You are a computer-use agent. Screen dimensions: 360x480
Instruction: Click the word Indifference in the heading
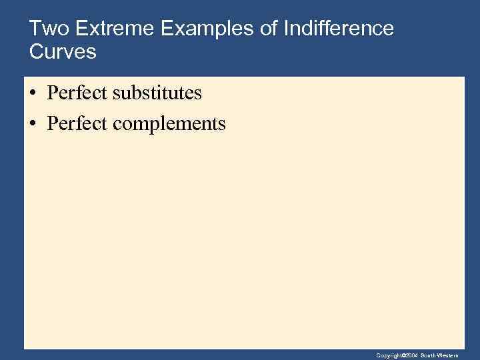(x=339, y=29)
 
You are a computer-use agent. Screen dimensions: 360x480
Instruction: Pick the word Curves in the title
(x=63, y=51)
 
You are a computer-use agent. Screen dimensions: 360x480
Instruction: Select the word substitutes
(x=157, y=93)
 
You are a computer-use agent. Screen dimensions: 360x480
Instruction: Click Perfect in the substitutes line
(x=77, y=93)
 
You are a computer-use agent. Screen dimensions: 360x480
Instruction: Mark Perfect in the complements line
(x=77, y=123)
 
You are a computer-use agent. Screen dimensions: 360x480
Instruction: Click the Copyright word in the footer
(x=387, y=355)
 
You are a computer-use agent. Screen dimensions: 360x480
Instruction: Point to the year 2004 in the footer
(x=411, y=355)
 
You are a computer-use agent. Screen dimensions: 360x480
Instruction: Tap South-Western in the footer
(x=439, y=355)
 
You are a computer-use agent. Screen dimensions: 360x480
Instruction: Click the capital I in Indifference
(x=287, y=29)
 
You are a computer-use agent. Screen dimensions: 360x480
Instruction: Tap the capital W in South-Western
(x=441, y=355)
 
